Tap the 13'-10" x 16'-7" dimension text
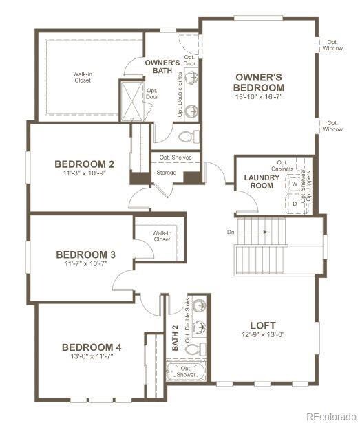pyautogui.click(x=258, y=98)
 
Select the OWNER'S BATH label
pyautogui.click(x=162, y=67)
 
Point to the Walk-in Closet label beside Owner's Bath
pyautogui.click(x=83, y=76)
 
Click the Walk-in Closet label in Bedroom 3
pyautogui.click(x=161, y=236)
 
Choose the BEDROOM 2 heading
pyautogui.click(x=84, y=164)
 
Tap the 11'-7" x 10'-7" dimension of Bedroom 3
pyautogui.click(x=85, y=264)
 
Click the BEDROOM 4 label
pyautogui.click(x=91, y=347)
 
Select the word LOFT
pyautogui.click(x=262, y=325)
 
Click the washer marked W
pyautogui.click(x=295, y=184)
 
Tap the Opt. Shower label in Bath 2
pyautogui.click(x=185, y=371)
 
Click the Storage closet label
pyautogui.click(x=166, y=173)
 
